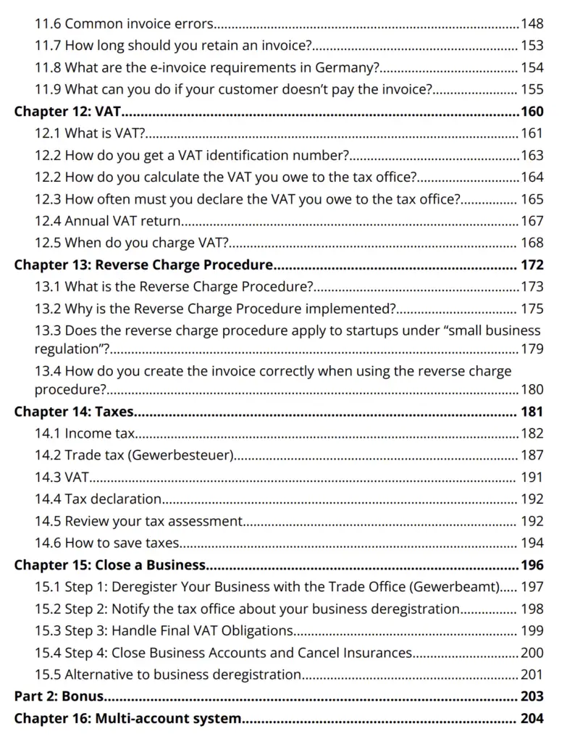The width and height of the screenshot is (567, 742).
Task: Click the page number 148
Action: [x=532, y=24]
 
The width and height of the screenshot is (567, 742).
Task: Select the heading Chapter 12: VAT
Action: [x=68, y=112]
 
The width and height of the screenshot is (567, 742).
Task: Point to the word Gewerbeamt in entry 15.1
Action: [x=463, y=586]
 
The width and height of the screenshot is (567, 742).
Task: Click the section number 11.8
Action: [x=48, y=68]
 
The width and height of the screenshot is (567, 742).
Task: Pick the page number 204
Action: [x=532, y=719]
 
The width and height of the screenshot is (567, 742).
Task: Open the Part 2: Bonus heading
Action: [x=59, y=696]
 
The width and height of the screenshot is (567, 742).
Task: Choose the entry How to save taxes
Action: [x=122, y=543]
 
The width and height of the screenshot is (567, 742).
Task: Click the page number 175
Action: [x=532, y=309]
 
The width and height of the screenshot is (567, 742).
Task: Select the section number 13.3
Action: [x=48, y=330]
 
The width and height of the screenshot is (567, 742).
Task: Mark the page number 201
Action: [x=532, y=675]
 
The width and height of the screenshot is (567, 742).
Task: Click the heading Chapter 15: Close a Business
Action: [x=110, y=564]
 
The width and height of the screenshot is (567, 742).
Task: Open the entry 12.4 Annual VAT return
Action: [x=108, y=221]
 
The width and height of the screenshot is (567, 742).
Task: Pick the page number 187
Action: [x=532, y=456]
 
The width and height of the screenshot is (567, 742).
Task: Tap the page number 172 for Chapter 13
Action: [x=532, y=264]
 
